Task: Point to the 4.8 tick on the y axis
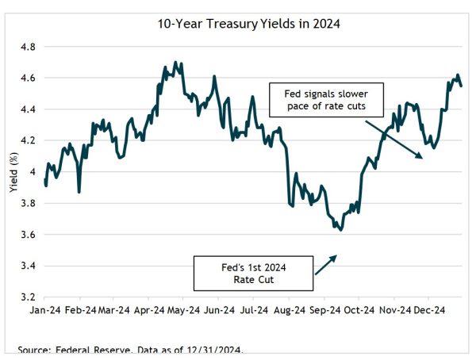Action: [x=29, y=47]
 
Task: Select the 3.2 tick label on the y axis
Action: [x=29, y=297]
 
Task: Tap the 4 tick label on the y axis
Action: [x=32, y=171]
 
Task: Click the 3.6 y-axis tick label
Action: [x=29, y=234]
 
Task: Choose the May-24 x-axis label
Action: [x=184, y=310]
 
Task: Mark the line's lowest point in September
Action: [x=340, y=230]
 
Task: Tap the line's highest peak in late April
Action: [x=175, y=62]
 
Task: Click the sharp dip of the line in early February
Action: [x=79, y=191]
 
